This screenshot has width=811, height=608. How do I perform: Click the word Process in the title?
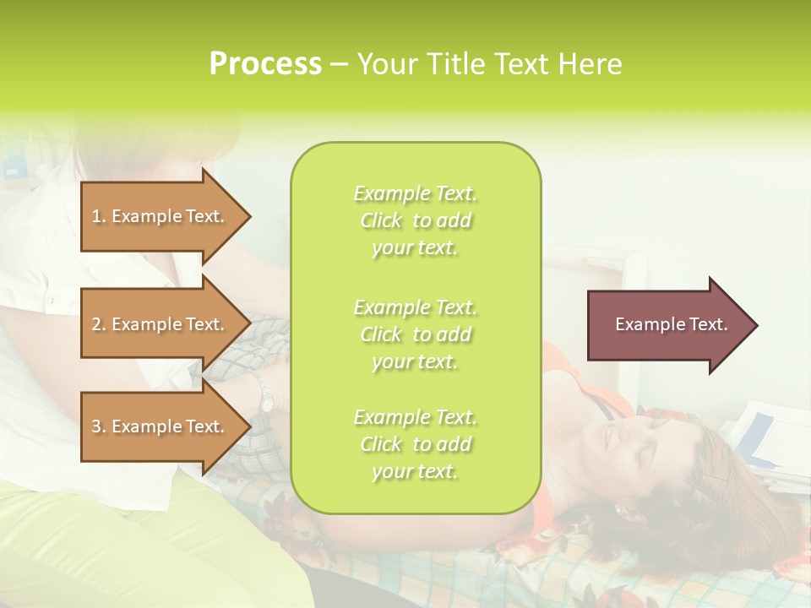tap(265, 64)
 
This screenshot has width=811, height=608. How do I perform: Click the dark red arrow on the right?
tap(667, 324)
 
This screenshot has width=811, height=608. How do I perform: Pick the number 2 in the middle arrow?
tap(96, 324)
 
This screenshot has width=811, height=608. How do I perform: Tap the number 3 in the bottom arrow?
tap(96, 426)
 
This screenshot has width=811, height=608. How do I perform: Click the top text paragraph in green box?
tap(415, 220)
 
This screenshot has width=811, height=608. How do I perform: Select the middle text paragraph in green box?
tap(415, 334)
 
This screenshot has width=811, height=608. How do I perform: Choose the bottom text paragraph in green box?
tap(415, 444)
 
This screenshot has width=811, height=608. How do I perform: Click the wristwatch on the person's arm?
tap(264, 393)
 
